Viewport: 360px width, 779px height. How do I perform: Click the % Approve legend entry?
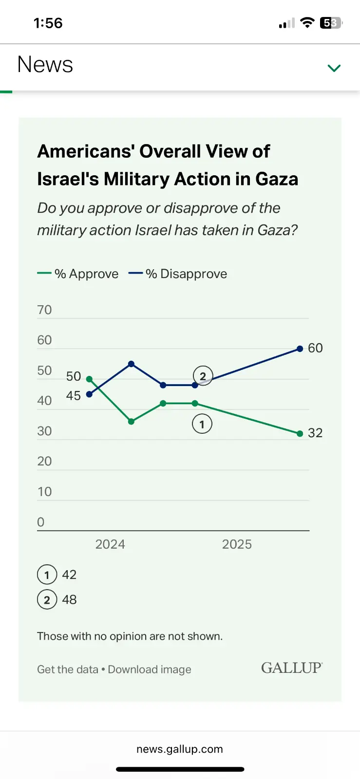(78, 274)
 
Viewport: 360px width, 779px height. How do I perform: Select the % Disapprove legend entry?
(178, 274)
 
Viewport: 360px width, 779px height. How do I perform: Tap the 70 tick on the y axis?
(44, 310)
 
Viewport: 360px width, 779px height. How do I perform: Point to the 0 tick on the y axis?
(41, 522)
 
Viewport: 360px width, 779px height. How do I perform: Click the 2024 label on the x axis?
(110, 544)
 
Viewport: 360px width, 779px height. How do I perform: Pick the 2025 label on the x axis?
(237, 544)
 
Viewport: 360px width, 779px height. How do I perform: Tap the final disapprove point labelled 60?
(300, 349)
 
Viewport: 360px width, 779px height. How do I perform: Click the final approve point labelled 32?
(300, 433)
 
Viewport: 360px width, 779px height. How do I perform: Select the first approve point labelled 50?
(89, 379)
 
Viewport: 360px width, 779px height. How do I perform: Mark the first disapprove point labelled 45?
(89, 394)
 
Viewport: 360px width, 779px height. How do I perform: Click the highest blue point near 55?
(131, 364)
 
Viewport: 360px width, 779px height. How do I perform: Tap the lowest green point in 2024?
(131, 422)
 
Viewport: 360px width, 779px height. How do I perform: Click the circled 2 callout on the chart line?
(203, 376)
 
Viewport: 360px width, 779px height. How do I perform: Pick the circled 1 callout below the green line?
(202, 424)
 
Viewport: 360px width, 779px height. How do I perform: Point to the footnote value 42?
(69, 575)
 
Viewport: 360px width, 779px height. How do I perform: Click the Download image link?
(150, 670)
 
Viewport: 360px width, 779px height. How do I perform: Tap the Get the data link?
(68, 670)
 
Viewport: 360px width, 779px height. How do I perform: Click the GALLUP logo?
(292, 668)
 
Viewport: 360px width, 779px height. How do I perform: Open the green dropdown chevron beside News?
(334, 68)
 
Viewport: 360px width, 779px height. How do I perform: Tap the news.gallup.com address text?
(180, 749)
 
